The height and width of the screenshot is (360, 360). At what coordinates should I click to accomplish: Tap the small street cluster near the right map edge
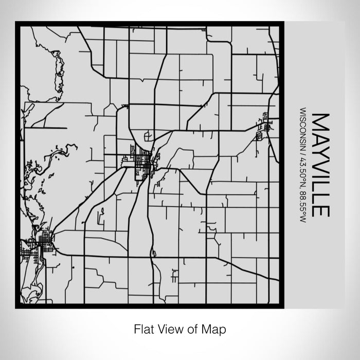point(262,126)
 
